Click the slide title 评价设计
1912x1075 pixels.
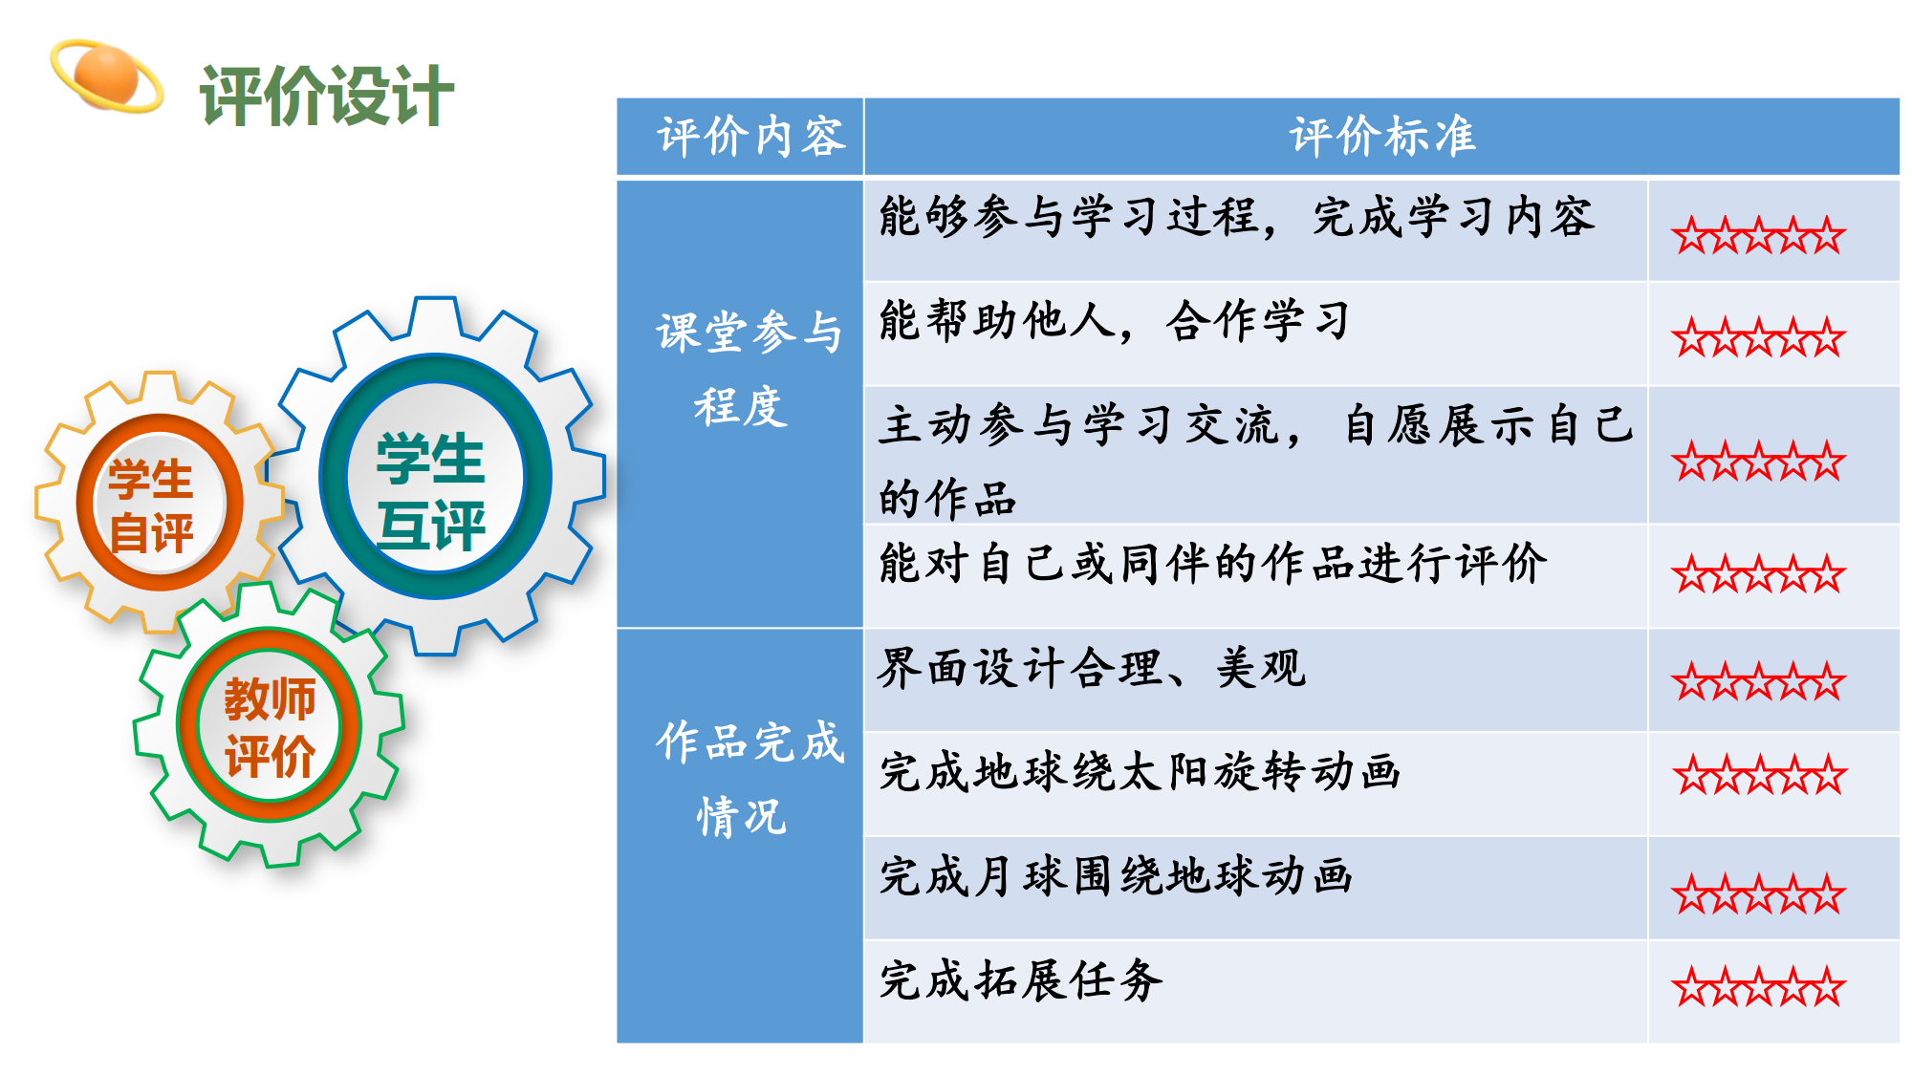tap(326, 96)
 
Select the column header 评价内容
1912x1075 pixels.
tap(751, 137)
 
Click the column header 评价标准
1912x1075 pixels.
tap(1382, 137)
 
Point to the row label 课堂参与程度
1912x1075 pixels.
tap(748, 369)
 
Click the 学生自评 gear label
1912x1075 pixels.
tap(151, 505)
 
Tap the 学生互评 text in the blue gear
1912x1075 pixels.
tap(430, 491)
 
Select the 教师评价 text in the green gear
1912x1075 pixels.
tap(270, 727)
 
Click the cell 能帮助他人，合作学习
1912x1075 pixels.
tap(1115, 321)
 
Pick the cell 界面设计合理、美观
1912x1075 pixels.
tap(1092, 668)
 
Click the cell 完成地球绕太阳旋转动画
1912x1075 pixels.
tap(1140, 772)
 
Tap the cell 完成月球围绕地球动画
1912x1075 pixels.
tap(1116, 876)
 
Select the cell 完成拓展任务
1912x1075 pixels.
tap(1021, 980)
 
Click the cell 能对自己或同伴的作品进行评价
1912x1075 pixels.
tap(1212, 564)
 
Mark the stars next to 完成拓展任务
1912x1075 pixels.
tap(1758, 987)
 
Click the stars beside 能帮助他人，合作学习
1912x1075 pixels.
tap(1758, 337)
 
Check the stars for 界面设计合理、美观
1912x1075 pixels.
tap(1758, 681)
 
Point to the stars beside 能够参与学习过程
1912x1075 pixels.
tap(1758, 235)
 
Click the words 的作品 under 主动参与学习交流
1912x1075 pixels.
tap(947, 499)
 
